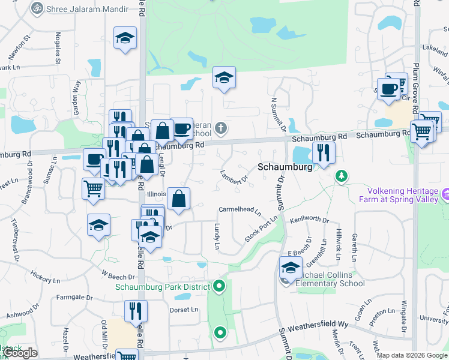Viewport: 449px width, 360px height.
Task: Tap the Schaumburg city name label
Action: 285,168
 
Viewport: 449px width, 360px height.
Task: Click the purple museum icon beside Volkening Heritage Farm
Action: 445,194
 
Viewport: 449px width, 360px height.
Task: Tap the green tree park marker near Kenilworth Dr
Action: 342,176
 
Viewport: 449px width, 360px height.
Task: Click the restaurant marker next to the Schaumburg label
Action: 323,153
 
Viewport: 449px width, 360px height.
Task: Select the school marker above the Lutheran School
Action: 224,77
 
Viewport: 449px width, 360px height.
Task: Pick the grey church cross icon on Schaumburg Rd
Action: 221,127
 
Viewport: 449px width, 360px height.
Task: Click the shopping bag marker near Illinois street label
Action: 178,198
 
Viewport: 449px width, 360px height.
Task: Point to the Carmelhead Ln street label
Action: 240,211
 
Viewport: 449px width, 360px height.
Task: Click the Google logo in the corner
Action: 19,353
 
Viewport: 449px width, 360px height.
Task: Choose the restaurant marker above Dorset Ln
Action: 136,311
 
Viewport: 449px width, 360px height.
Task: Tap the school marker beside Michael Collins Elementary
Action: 291,268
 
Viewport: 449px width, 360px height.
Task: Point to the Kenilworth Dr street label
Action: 309,221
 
